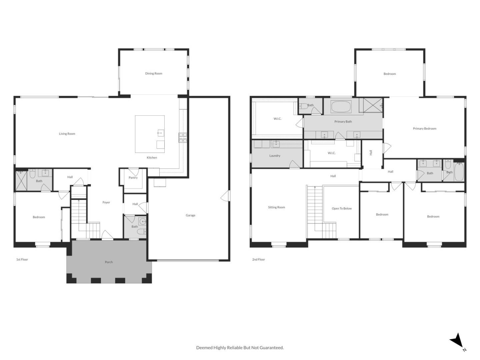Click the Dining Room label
154,73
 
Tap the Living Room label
67,134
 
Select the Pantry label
133,178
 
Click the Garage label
190,215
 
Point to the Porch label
109,262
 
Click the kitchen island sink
160,133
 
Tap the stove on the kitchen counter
183,138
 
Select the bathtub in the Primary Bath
340,107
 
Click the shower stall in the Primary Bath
373,105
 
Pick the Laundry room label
275,156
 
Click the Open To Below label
342,208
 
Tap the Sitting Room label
276,207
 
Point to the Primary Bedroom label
424,128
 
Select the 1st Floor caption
22,259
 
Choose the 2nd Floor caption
258,259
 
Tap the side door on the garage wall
226,196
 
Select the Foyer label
106,202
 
